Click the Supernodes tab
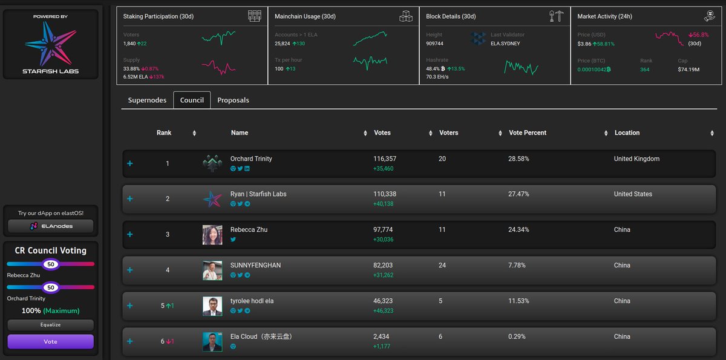(147, 100)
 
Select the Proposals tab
(233, 100)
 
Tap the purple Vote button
(51, 342)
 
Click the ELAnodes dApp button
(51, 226)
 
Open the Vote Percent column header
(528, 133)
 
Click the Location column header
(627, 133)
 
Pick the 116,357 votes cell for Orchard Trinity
(385, 159)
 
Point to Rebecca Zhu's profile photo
(212, 235)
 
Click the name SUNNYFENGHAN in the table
(255, 266)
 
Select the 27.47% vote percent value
(518, 194)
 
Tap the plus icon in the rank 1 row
(130, 164)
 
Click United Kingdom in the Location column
(636, 159)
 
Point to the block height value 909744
(434, 44)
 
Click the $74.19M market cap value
(688, 70)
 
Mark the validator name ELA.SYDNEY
(506, 44)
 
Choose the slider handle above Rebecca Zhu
(51, 264)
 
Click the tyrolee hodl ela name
(252, 301)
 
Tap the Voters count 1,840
(129, 44)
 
